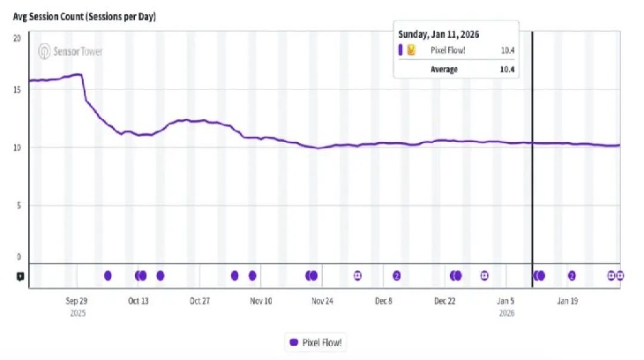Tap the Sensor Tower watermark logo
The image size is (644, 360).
pos(71,51)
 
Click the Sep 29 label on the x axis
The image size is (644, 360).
pos(77,301)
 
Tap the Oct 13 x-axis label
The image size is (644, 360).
pos(139,301)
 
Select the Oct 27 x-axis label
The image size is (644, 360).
pos(199,301)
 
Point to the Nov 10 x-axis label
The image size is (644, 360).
pos(261,301)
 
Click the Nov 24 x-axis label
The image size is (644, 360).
pos(322,301)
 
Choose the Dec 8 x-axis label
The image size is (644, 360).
pos(384,301)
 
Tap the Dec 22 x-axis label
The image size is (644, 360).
pos(446,301)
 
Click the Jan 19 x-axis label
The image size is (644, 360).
pos(567,301)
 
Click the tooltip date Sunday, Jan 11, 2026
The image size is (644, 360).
pos(438,34)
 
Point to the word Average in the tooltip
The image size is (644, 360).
pos(444,69)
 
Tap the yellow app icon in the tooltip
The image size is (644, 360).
pos(411,50)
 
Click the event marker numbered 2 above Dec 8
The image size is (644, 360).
pos(397,275)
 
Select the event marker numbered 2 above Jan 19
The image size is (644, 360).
pos(572,275)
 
